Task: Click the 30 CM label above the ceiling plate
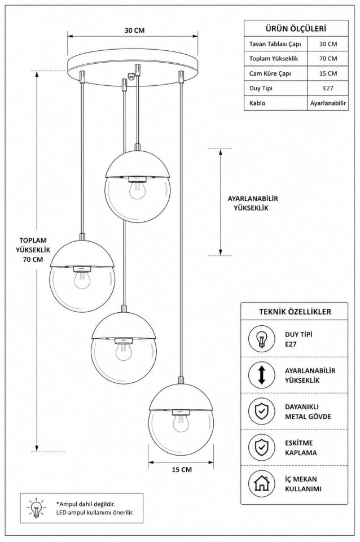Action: coord(134,30)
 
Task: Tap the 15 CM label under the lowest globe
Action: coord(182,469)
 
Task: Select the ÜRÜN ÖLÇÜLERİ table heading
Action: coord(296,29)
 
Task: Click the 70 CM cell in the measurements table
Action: coord(328,58)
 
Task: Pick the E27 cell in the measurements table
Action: coord(328,88)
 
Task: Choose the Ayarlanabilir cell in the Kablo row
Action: coord(328,103)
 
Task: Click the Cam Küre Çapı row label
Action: coord(270,73)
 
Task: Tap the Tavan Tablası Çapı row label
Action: coord(275,44)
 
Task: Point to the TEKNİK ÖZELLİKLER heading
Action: coord(295,312)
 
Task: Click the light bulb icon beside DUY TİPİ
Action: coord(261,339)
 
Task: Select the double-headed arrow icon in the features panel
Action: coord(261,375)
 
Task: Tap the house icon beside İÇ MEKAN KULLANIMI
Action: coord(261,484)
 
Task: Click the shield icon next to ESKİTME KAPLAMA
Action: coord(261,447)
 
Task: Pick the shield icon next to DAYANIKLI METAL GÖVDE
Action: coord(261,411)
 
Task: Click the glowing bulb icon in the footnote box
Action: coord(36,508)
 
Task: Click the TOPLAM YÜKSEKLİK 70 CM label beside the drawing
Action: coord(33,250)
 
